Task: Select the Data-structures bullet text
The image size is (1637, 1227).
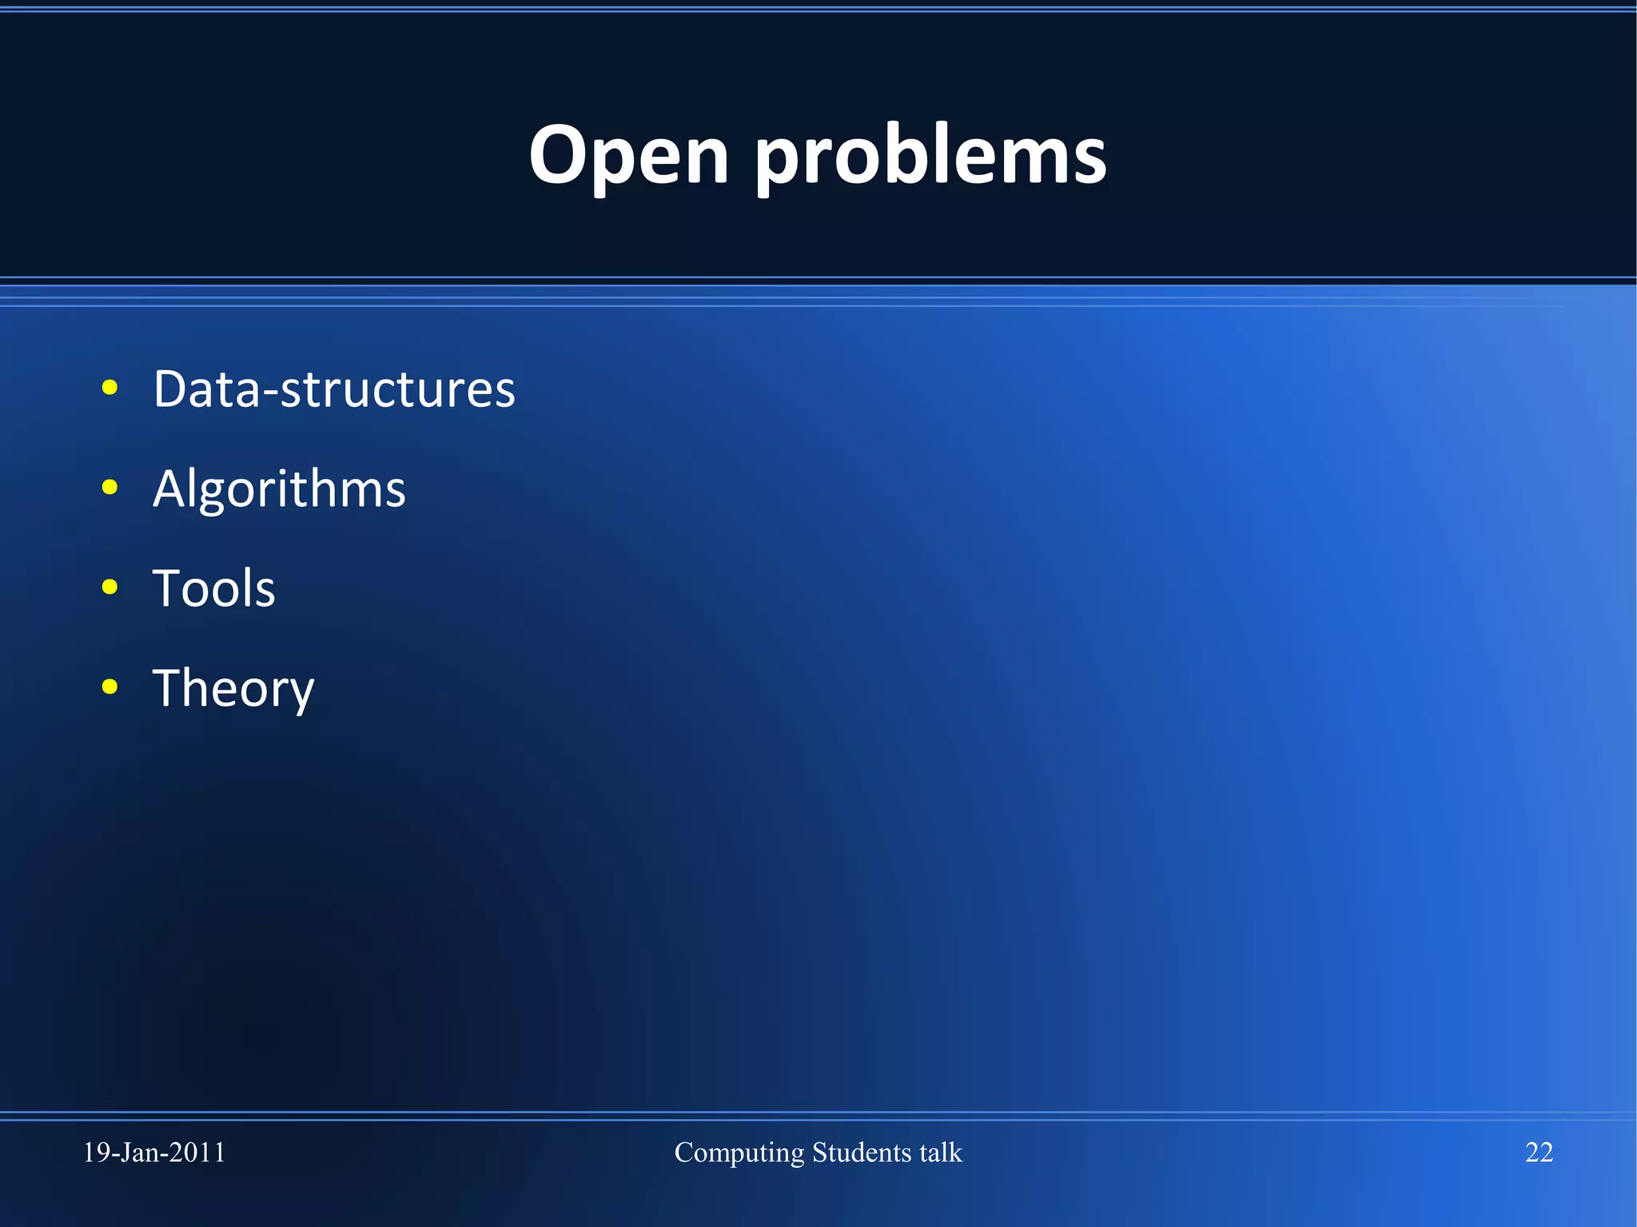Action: (334, 389)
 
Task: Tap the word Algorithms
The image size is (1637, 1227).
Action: (279, 489)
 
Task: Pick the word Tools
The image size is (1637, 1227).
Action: (213, 589)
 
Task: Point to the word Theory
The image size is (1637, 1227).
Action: (233, 689)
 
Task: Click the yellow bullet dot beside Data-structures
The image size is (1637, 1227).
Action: (110, 388)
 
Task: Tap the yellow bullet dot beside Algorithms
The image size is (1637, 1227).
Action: (110, 488)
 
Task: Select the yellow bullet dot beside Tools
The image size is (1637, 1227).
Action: (110, 588)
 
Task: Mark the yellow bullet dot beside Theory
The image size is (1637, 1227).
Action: (110, 687)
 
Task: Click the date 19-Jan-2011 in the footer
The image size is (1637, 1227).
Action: (154, 1152)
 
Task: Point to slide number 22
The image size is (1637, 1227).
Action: (1539, 1152)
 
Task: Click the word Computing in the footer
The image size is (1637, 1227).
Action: (739, 1153)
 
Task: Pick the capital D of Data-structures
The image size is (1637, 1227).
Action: (171, 389)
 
